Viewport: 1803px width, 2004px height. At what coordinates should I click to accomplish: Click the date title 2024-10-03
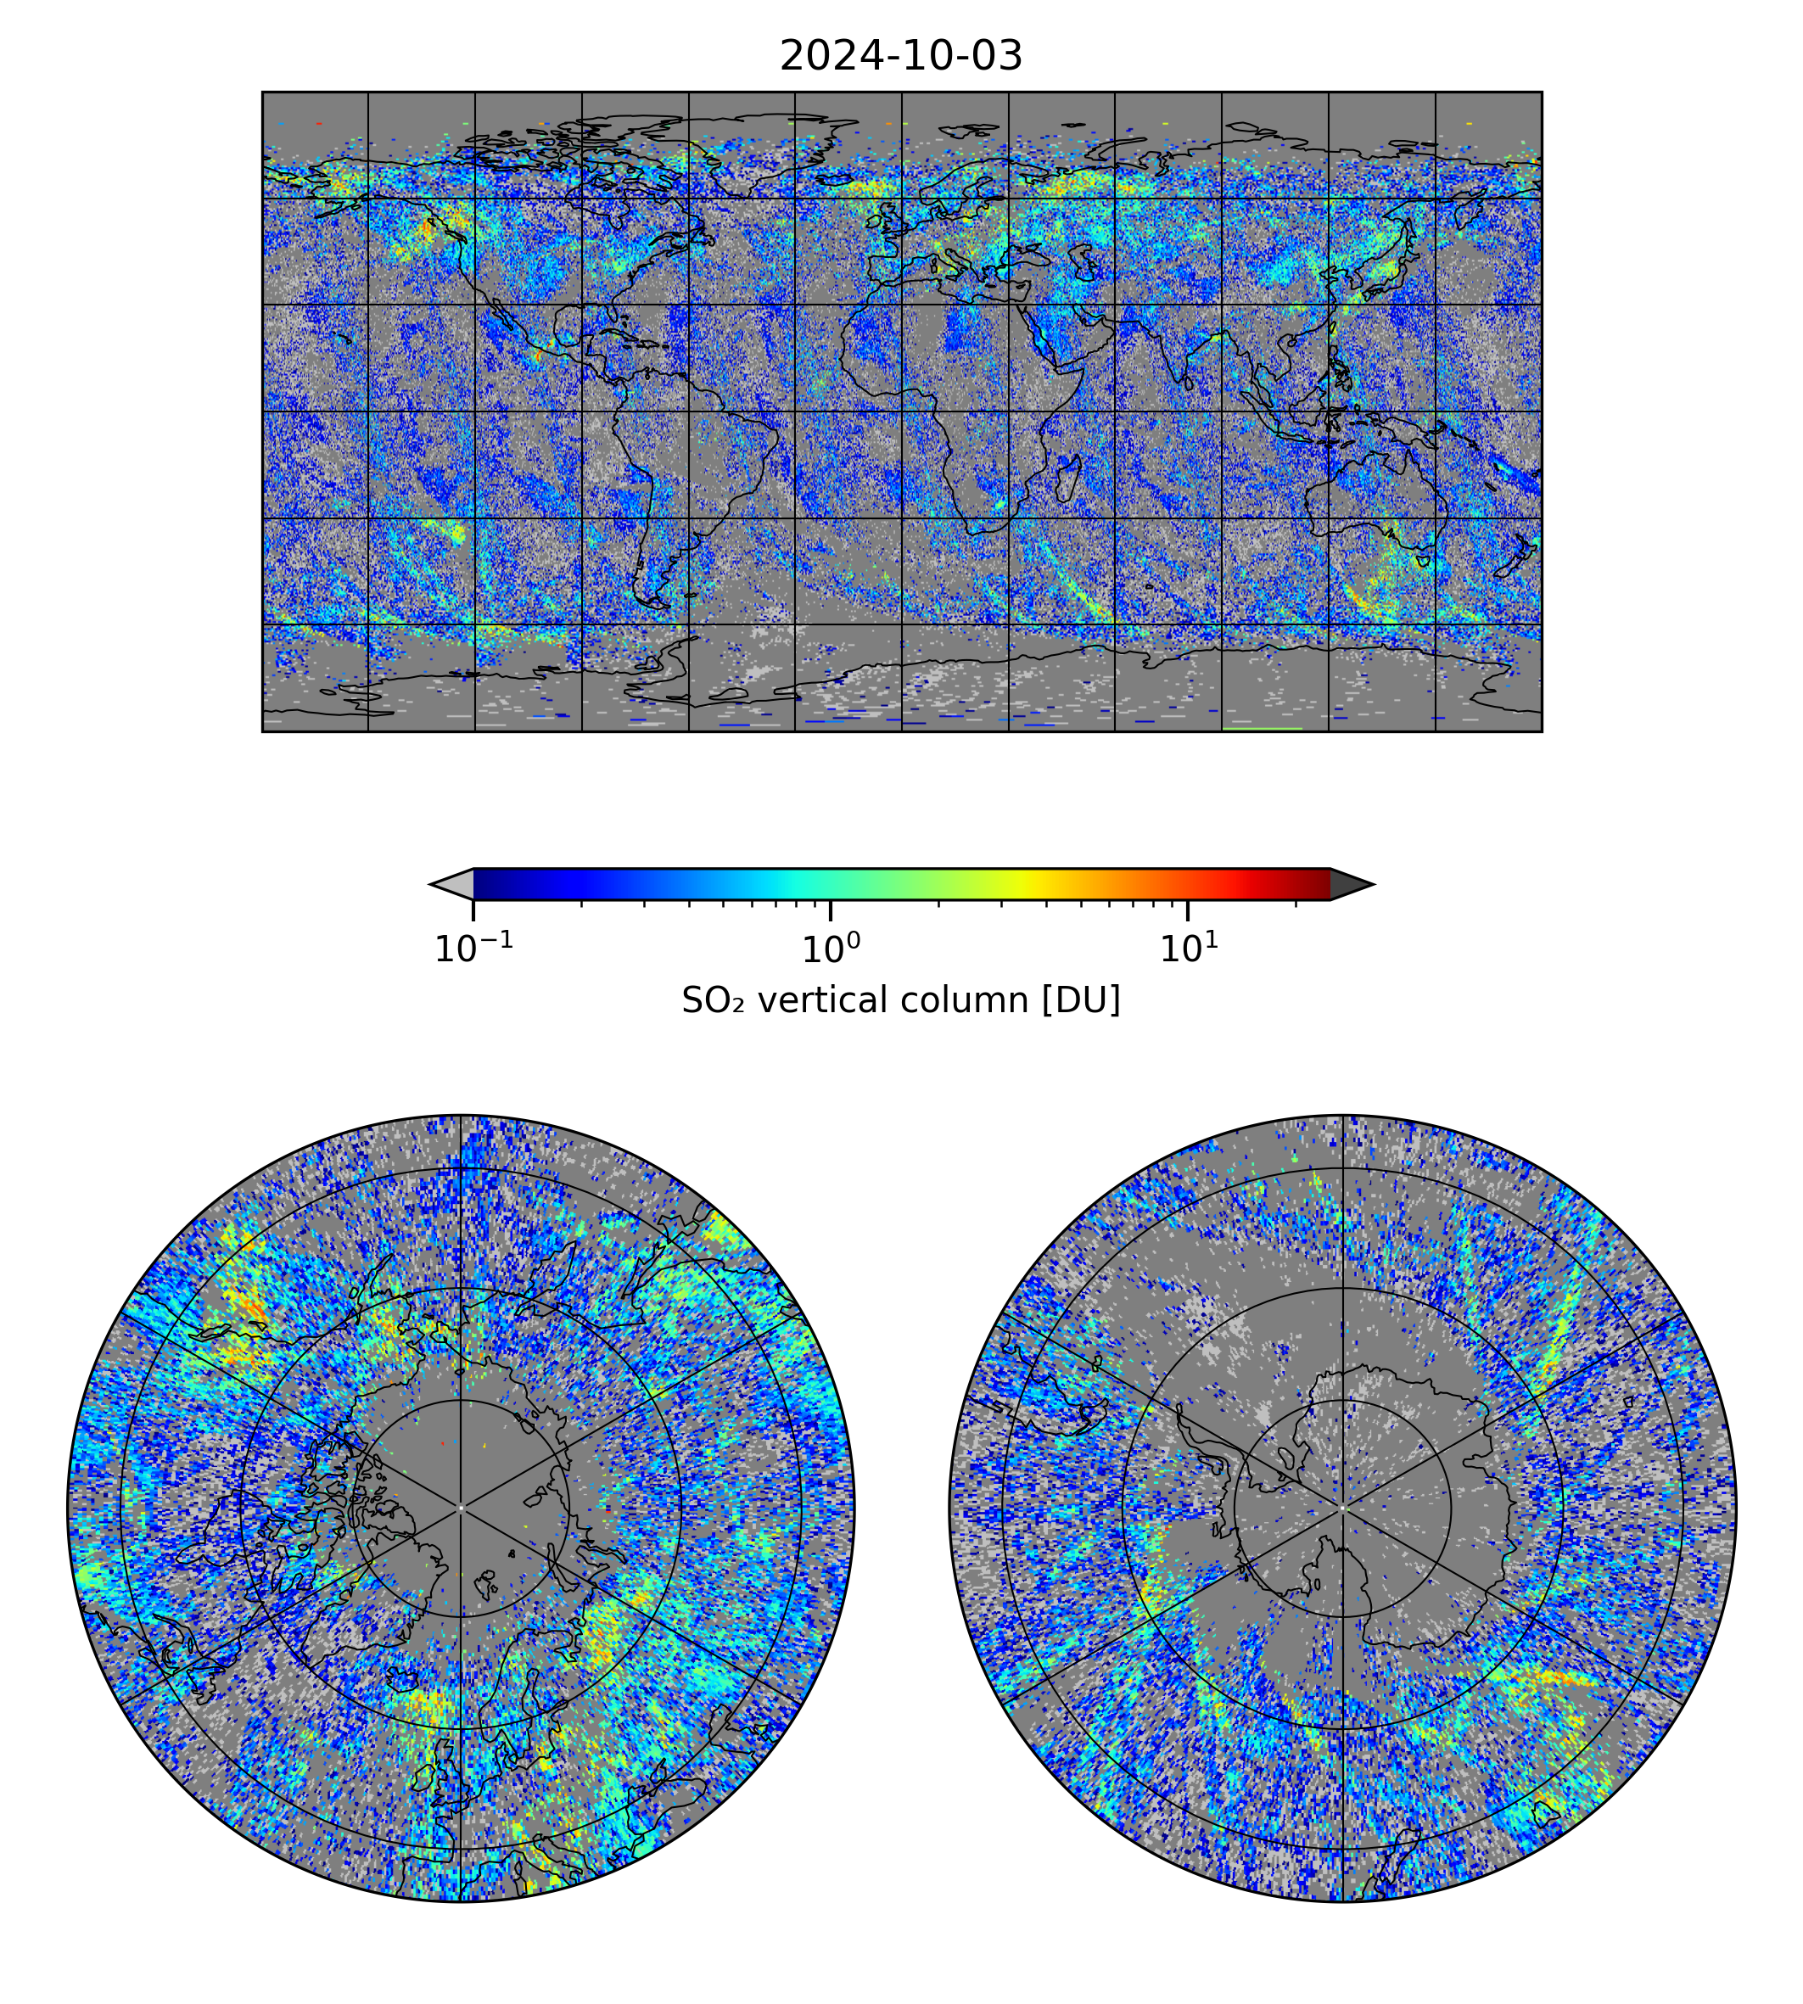900,57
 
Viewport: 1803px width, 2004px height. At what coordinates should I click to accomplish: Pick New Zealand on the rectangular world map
1515,561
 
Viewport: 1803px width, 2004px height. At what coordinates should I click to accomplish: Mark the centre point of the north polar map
461,1508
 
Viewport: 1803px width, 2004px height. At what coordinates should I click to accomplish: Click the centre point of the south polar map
1342,1508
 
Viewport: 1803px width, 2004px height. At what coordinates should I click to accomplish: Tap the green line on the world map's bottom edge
1263,729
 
